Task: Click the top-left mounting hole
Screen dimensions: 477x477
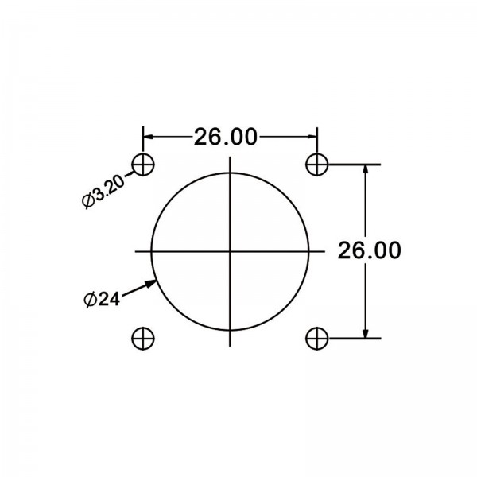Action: [144, 165]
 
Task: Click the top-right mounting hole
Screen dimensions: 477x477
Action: [317, 165]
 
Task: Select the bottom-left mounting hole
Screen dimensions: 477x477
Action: [144, 338]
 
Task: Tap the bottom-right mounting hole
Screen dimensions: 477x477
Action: [317, 338]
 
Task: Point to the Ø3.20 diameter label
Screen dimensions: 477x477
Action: [104, 192]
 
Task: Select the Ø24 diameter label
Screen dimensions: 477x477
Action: [101, 300]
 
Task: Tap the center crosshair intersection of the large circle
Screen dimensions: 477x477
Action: [231, 251]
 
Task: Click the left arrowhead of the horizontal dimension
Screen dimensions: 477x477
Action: [148, 137]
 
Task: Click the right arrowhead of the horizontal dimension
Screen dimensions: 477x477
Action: [312, 137]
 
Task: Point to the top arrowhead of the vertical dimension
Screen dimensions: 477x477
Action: [366, 169]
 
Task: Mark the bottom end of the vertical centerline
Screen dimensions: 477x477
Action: [231, 345]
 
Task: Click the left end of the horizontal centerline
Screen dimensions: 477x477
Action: [135, 251]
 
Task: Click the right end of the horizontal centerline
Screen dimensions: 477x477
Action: [325, 251]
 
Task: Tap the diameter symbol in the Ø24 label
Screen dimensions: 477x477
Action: [90, 300]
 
